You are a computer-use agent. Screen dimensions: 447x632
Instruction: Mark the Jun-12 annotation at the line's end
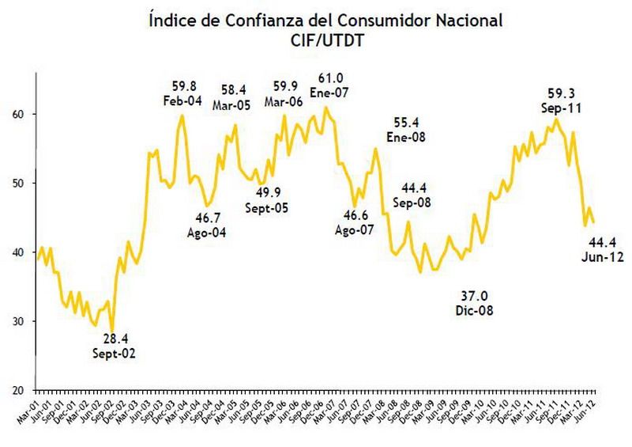click(603, 257)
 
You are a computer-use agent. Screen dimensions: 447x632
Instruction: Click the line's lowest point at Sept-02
click(113, 331)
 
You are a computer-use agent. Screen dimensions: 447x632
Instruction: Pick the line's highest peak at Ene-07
click(326, 107)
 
